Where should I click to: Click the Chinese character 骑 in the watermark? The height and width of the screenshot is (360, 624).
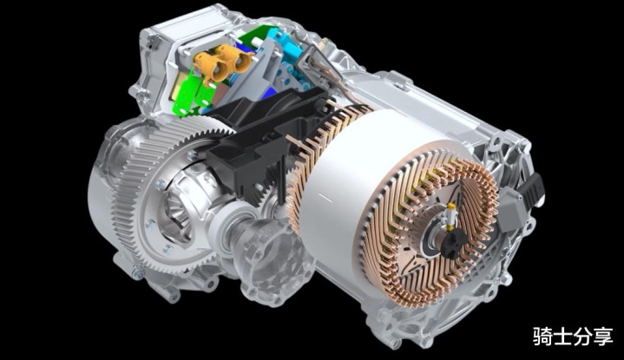(542, 336)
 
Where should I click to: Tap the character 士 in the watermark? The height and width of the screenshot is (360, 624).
(562, 336)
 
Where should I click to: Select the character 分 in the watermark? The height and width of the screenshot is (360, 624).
(582, 336)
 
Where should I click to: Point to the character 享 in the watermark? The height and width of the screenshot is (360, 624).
(602, 336)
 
